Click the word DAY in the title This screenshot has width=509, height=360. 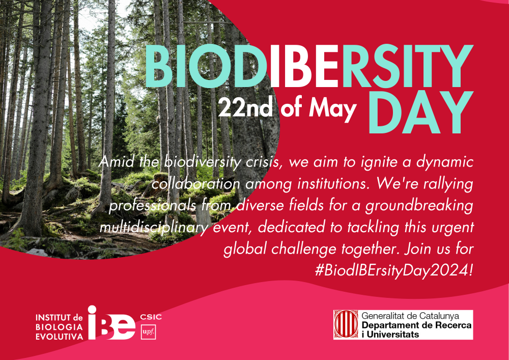click(420, 112)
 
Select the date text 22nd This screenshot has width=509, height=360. click(245, 107)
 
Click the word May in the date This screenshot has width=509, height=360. click(332, 109)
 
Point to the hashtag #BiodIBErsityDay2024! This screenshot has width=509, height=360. click(393, 270)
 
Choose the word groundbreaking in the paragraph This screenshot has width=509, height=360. click(419, 206)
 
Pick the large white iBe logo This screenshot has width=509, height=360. click(111, 323)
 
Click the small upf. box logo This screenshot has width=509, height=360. click(148, 332)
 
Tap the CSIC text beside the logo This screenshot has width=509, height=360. click(151, 317)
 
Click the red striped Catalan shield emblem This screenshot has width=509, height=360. click(346, 325)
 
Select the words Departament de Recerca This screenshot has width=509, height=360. click(416, 325)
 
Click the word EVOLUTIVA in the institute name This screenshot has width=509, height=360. click(59, 337)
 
